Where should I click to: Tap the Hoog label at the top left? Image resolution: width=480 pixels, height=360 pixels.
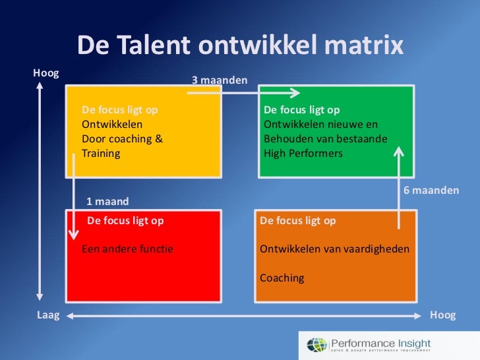pyautogui.click(x=45, y=73)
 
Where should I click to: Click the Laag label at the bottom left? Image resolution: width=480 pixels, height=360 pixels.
pyautogui.click(x=47, y=315)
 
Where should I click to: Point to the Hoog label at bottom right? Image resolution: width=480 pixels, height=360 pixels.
pyautogui.click(x=442, y=315)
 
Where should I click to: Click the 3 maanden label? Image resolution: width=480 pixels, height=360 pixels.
pyautogui.click(x=220, y=80)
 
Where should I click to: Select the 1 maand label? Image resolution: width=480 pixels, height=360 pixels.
pyautogui.click(x=107, y=201)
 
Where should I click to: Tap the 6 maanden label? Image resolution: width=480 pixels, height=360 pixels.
pyautogui.click(x=431, y=190)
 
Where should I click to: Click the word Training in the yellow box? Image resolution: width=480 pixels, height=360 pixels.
pyautogui.click(x=101, y=154)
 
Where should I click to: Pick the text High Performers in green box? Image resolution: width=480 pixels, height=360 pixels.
pyautogui.click(x=303, y=154)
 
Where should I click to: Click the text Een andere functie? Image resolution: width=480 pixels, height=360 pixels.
pyautogui.click(x=127, y=250)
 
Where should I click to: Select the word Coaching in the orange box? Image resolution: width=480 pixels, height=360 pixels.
pyautogui.click(x=282, y=278)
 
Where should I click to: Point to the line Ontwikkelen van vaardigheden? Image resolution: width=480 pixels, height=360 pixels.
pyautogui.click(x=334, y=250)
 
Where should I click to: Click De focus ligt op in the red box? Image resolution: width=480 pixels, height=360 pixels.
pyautogui.click(x=125, y=221)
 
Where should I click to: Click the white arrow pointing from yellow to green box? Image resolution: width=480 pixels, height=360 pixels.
pyautogui.click(x=244, y=93)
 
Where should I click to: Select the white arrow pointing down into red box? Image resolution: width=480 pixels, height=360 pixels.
pyautogui.click(x=74, y=198)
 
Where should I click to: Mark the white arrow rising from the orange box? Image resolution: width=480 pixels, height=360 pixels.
pyautogui.click(x=398, y=188)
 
